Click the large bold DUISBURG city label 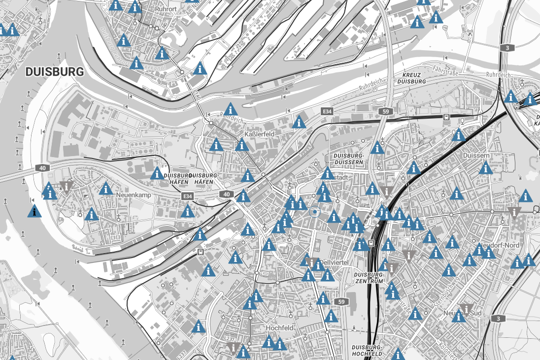click(x=54, y=72)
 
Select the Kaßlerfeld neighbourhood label click(x=259, y=133)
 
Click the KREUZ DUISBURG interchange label click(x=411, y=78)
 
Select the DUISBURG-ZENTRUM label click(x=369, y=277)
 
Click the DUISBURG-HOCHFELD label click(x=368, y=350)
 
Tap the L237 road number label click(x=229, y=339)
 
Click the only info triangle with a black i click(x=34, y=211)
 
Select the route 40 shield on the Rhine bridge click(x=43, y=168)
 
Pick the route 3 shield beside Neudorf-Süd click(x=498, y=318)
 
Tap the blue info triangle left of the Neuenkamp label click(x=105, y=189)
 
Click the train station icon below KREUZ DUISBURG click(x=446, y=117)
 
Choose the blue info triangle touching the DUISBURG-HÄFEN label click(x=157, y=173)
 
